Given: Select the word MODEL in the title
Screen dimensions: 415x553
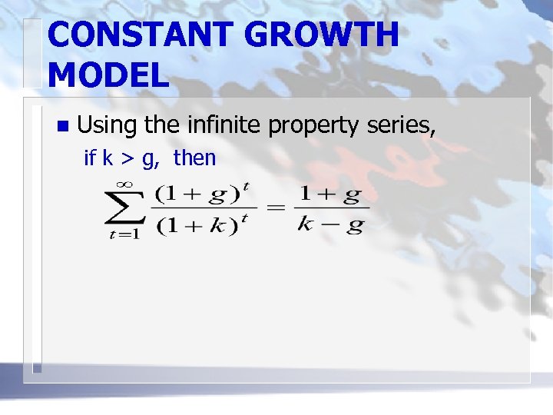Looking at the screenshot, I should pyautogui.click(x=108, y=75).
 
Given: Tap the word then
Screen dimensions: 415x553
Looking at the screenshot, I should pyautogui.click(x=194, y=158).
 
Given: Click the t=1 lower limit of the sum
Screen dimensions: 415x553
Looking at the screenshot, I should pyautogui.click(x=123, y=235).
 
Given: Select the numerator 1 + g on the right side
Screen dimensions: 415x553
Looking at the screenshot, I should pyautogui.click(x=329, y=193).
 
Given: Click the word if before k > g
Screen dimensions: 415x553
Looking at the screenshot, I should pyautogui.click(x=89, y=158).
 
